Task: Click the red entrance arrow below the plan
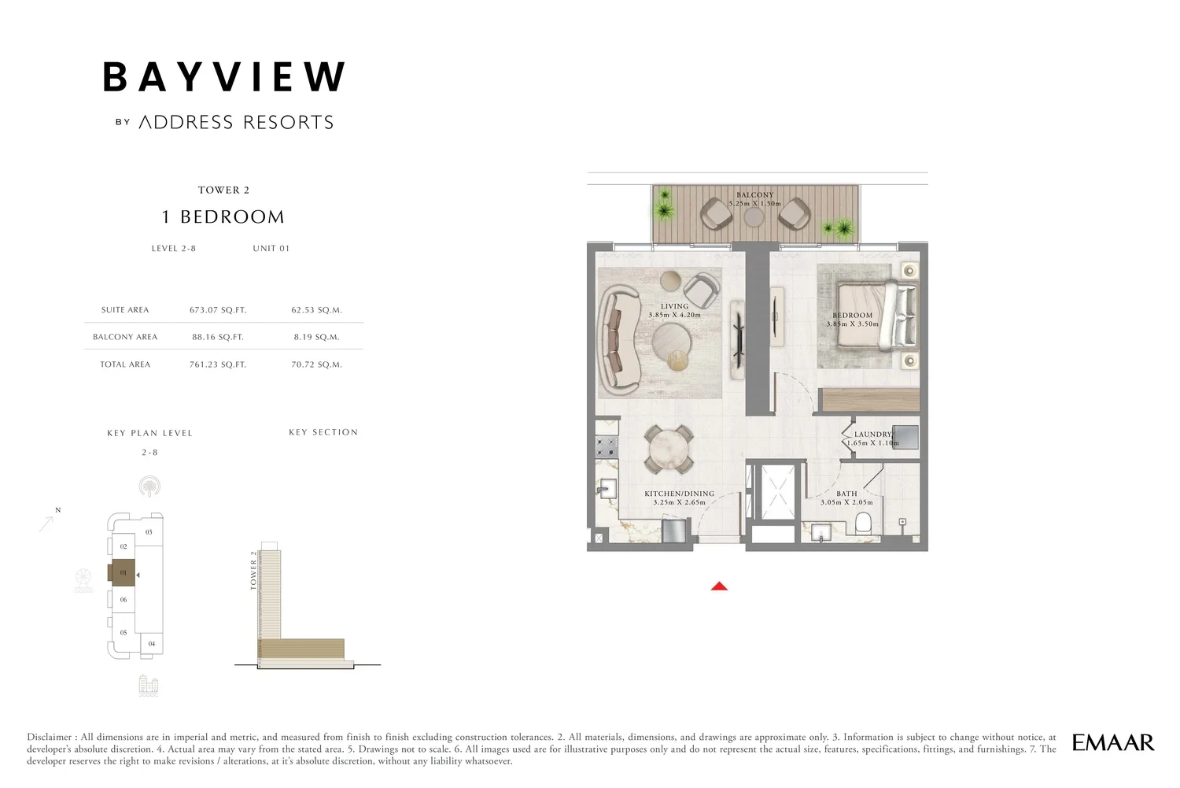(719, 586)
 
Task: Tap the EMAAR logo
(1113, 742)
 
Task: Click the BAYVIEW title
(224, 77)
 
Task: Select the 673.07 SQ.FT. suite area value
(218, 310)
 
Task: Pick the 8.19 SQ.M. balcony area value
(316, 337)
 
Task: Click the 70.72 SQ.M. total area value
(316, 364)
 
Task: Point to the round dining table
(669, 449)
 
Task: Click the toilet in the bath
(862, 523)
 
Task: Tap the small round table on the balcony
(754, 216)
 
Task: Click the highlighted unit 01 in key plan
(122, 572)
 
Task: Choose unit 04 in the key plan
(152, 644)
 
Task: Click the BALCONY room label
(755, 194)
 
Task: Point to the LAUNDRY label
(873, 434)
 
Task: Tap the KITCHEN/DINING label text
(679, 494)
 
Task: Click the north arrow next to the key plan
(47, 523)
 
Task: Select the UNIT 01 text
(271, 248)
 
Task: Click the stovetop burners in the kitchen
(607, 447)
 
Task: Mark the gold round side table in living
(679, 360)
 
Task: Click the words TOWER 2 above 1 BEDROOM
(224, 190)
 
